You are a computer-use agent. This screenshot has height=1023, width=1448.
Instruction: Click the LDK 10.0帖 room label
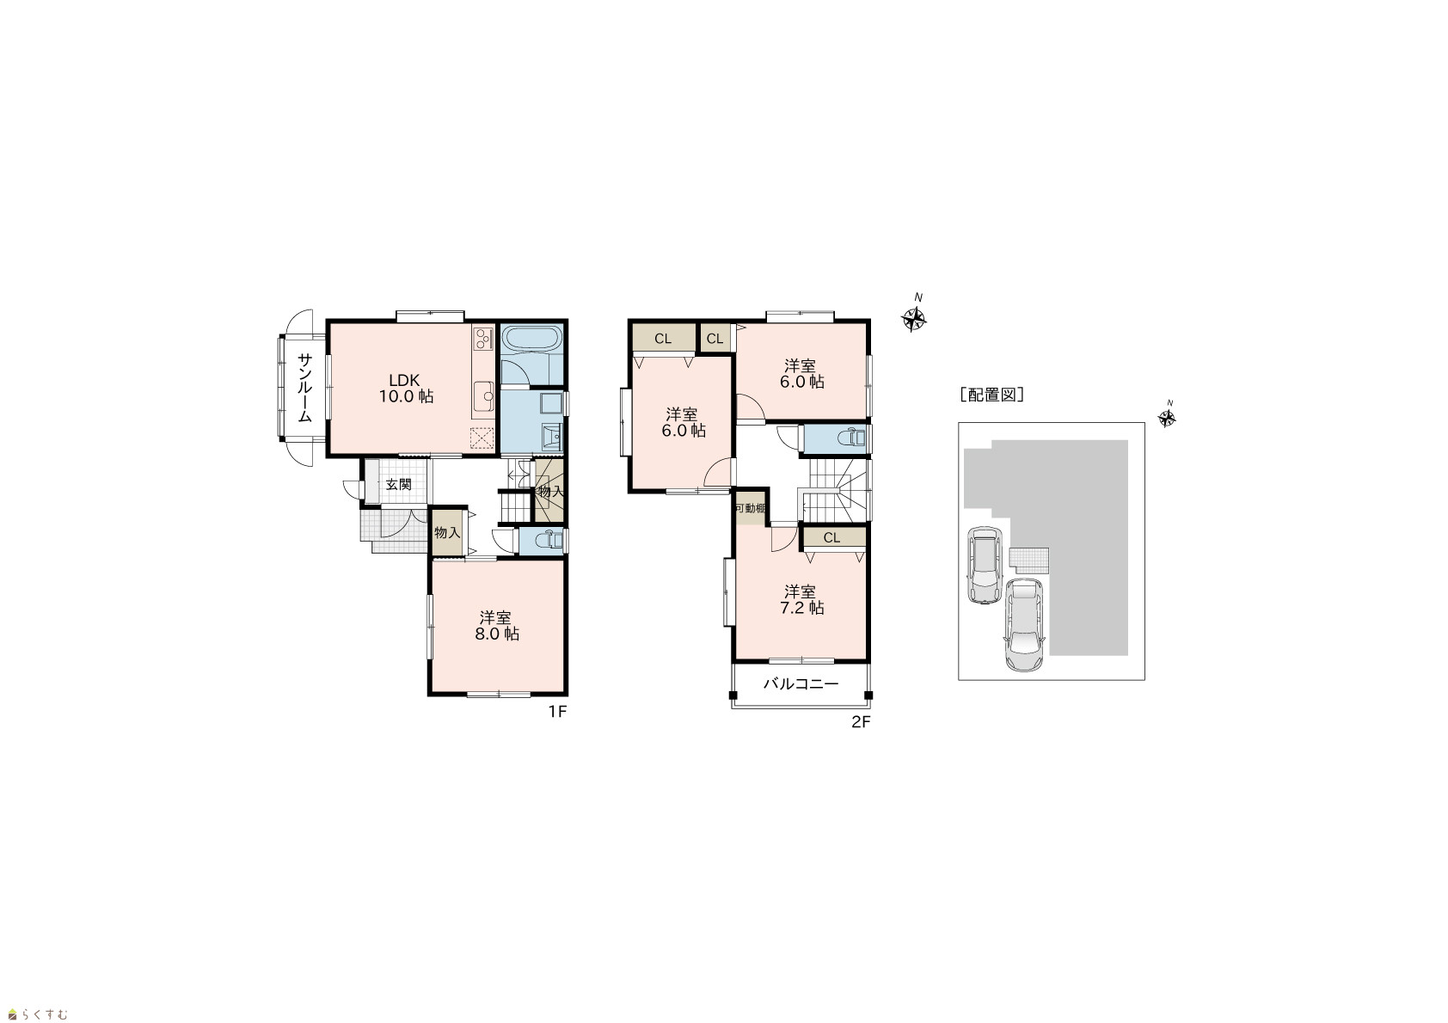point(405,389)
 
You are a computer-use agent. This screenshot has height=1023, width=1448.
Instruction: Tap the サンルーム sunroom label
point(305,388)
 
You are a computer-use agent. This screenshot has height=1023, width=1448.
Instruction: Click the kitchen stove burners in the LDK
point(483,337)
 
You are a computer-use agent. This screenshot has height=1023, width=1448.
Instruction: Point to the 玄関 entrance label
point(398,485)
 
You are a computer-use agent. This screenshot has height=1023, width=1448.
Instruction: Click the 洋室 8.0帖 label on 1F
point(496,626)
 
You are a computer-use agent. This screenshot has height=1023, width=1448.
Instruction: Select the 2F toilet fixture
point(850,438)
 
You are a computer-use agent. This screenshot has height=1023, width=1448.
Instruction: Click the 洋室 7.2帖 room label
point(801,600)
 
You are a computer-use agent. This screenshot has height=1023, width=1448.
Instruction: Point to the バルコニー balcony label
point(801,683)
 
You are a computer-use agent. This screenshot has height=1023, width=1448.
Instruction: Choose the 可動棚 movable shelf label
point(751,508)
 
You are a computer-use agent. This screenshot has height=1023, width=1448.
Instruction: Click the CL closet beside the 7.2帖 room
point(832,537)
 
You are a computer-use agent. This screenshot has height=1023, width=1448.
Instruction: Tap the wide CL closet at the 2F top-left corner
point(663,338)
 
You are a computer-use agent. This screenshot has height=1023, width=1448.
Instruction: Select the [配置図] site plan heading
point(991,395)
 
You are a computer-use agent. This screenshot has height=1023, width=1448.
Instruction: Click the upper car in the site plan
point(984,565)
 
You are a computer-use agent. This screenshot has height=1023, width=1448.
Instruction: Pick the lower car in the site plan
point(1024,624)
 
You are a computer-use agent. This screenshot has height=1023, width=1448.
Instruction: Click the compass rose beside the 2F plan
point(914,318)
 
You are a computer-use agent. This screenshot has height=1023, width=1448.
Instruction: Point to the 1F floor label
point(557,712)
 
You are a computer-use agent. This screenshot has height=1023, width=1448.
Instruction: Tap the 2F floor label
point(861,722)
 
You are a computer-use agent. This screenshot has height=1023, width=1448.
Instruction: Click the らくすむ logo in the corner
point(38,1014)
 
